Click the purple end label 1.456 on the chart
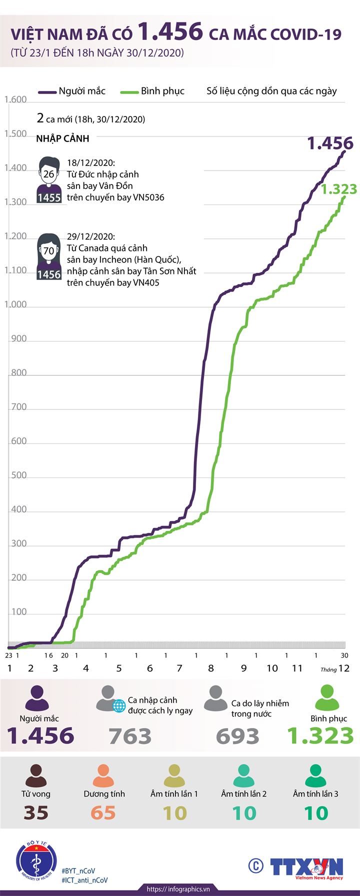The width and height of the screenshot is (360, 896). (330, 143)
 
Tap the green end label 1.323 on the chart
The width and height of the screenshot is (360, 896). (339, 189)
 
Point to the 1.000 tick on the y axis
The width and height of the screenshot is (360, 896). (16, 304)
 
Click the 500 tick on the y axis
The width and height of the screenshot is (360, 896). (19, 475)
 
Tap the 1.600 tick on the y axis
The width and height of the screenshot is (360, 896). (16, 99)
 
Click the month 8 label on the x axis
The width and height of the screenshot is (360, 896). (211, 668)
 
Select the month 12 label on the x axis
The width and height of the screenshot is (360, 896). (344, 668)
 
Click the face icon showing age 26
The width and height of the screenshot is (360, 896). (48, 174)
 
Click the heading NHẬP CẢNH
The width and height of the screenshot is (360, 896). (62, 138)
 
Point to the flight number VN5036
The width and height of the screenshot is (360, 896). (148, 197)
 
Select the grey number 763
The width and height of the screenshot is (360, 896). (130, 736)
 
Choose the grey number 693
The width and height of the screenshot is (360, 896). (237, 736)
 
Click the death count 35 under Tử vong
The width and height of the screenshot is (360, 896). (36, 813)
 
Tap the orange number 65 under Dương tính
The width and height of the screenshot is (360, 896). (103, 813)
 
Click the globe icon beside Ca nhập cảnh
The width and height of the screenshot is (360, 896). (119, 705)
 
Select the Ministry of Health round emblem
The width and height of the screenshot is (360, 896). (36, 862)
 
